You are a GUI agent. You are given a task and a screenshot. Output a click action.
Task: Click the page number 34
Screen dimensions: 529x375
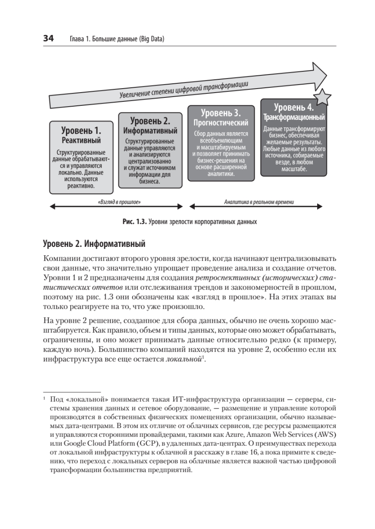(x=48, y=39)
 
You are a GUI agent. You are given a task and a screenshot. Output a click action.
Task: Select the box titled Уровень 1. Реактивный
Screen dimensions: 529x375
(x=81, y=157)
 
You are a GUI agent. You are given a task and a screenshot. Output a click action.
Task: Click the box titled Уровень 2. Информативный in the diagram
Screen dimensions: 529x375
(x=150, y=150)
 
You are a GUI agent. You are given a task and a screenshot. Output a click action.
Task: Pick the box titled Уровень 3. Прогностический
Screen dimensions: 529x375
(x=221, y=143)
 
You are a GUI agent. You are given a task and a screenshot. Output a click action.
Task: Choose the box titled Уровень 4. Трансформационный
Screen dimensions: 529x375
(x=294, y=138)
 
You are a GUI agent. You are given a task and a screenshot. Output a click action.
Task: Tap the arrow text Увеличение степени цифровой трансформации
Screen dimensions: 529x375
(x=183, y=89)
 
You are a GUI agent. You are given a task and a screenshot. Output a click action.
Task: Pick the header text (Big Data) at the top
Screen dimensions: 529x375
(x=152, y=39)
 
